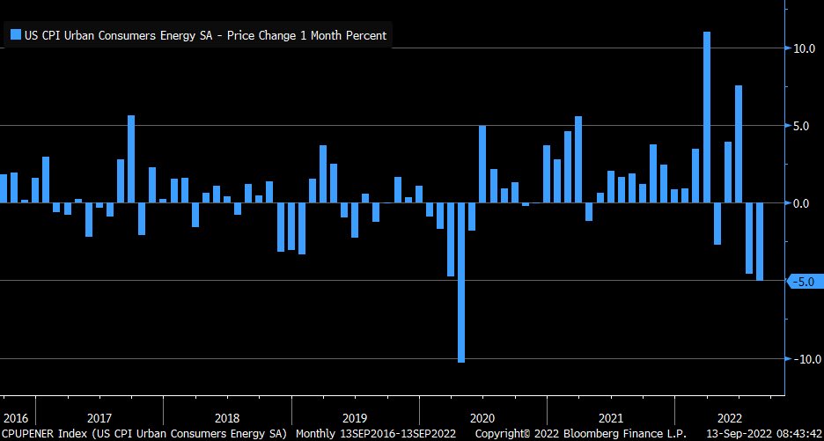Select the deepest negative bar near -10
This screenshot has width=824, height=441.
pyautogui.click(x=461, y=283)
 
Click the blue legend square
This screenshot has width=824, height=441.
pyautogui.click(x=15, y=35)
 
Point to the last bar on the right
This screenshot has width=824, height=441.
pyautogui.click(x=760, y=241)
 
